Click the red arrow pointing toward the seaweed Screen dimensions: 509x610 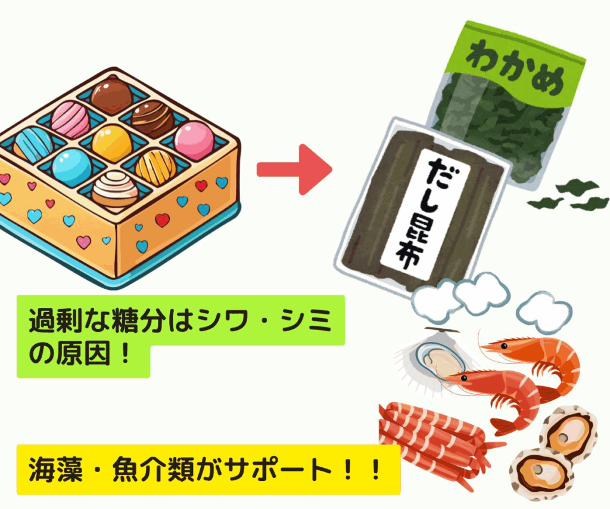coord(293,169)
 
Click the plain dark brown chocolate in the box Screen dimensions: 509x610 coord(111,95)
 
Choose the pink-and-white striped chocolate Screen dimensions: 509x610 coord(70,119)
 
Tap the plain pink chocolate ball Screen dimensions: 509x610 coord(194,140)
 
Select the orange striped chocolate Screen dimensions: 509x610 coord(155,167)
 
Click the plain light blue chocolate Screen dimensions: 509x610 coord(71,168)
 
